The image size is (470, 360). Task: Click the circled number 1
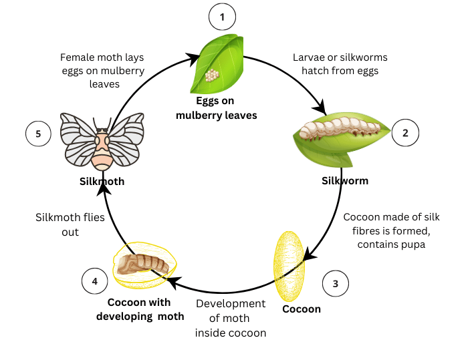tap(222, 17)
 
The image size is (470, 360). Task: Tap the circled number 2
tap(404, 132)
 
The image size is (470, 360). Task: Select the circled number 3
tap(335, 284)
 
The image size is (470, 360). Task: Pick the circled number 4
tap(94, 282)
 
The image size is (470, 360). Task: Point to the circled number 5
tap(38, 134)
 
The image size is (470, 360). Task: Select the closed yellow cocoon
tap(289, 265)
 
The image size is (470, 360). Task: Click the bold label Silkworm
tap(344, 180)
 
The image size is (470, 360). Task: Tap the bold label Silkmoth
tap(102, 180)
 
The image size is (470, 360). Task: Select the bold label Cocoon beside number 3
tap(301, 309)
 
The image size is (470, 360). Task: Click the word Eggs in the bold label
tap(208, 102)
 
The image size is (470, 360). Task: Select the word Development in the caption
tap(231, 304)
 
